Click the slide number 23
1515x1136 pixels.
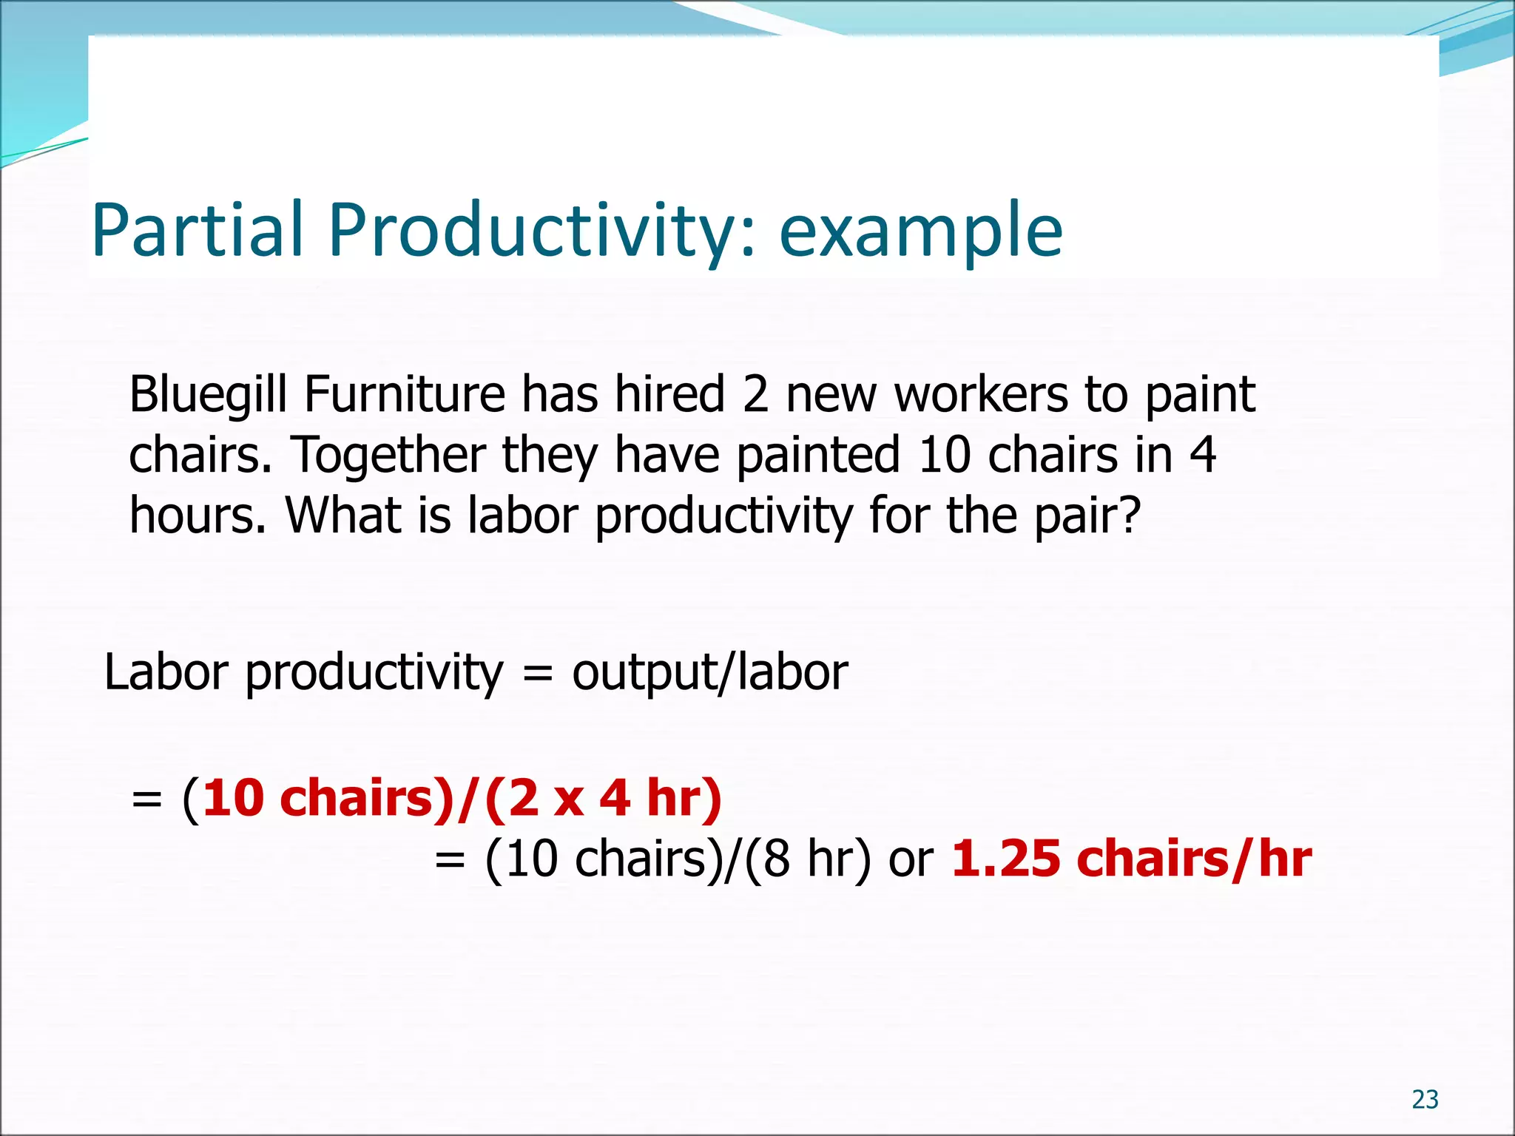(1425, 1100)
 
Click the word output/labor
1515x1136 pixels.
(709, 673)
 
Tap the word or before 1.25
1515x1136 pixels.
(911, 862)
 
